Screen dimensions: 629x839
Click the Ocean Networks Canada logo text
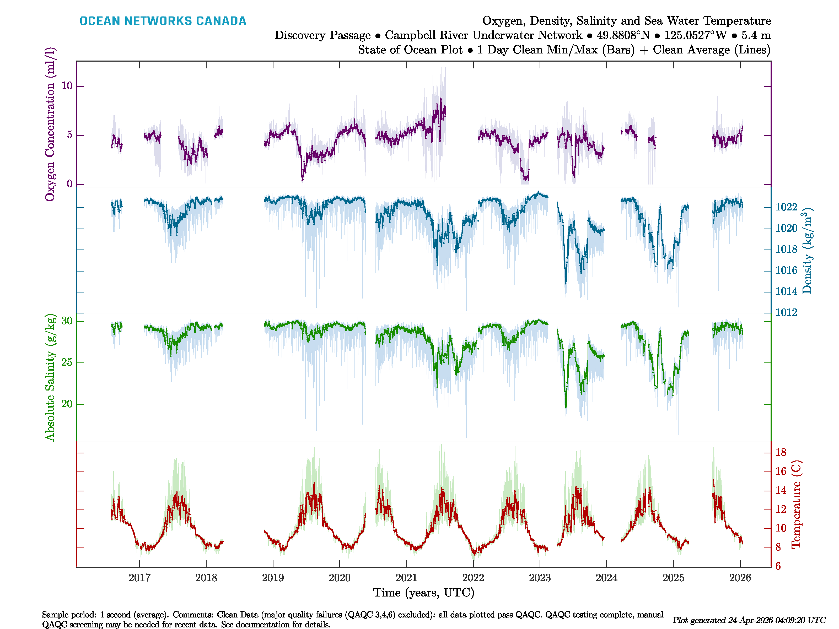163,21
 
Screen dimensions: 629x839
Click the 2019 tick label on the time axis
273,578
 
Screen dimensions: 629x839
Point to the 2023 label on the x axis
540,578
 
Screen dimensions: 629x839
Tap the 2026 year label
740,578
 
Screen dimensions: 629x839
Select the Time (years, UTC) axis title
424,593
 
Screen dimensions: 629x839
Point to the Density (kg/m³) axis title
807,251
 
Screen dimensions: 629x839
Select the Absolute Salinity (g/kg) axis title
50,377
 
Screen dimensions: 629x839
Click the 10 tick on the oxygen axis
67,86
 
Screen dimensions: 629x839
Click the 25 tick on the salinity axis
67,362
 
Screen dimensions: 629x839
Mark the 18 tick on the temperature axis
781,452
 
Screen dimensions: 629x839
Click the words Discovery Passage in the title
322,35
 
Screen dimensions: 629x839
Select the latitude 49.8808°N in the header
623,35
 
